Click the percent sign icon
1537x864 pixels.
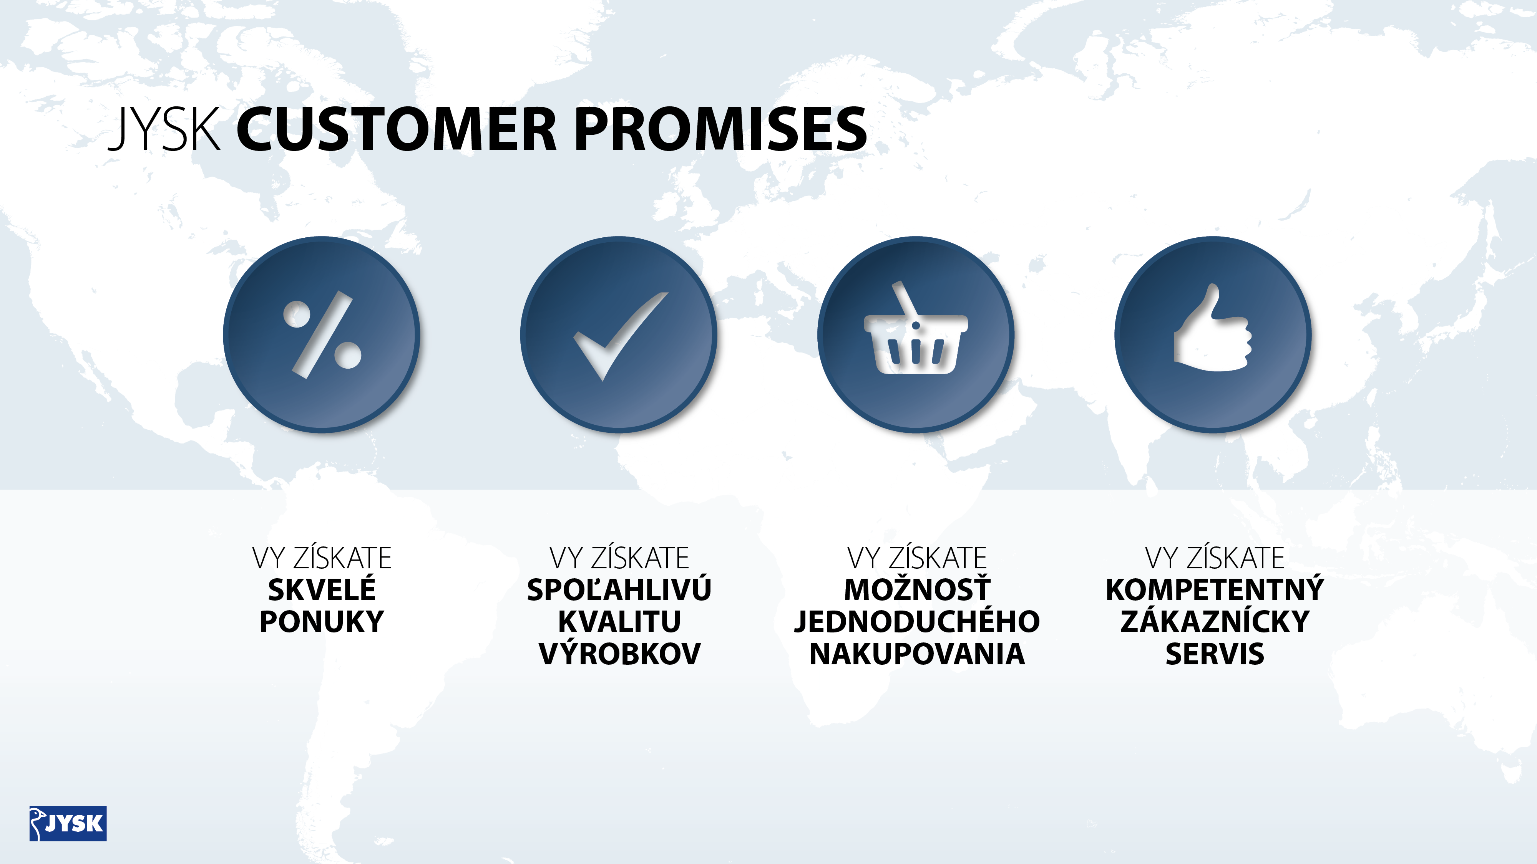[x=322, y=334]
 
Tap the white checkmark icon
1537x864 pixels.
[x=621, y=336]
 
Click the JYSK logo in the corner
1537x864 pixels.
[x=68, y=823]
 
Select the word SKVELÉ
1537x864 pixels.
[x=322, y=590]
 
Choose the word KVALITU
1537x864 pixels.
[x=619, y=622]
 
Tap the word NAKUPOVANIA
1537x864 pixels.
[x=917, y=654]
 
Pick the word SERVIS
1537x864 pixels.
[x=1215, y=654]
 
